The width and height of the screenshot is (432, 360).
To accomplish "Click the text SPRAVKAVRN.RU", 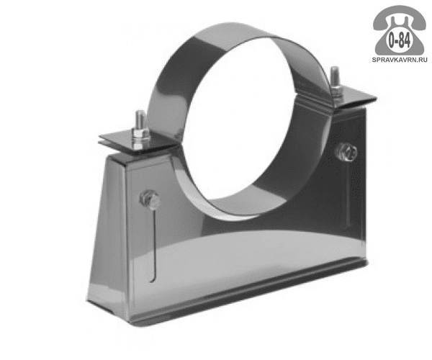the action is pos(400,60).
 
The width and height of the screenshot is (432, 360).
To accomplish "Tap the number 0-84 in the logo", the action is pos(399,41).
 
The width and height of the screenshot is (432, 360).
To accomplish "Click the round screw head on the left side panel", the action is pos(150,198).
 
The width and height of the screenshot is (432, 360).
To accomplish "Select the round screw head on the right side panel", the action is pos(346,151).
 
